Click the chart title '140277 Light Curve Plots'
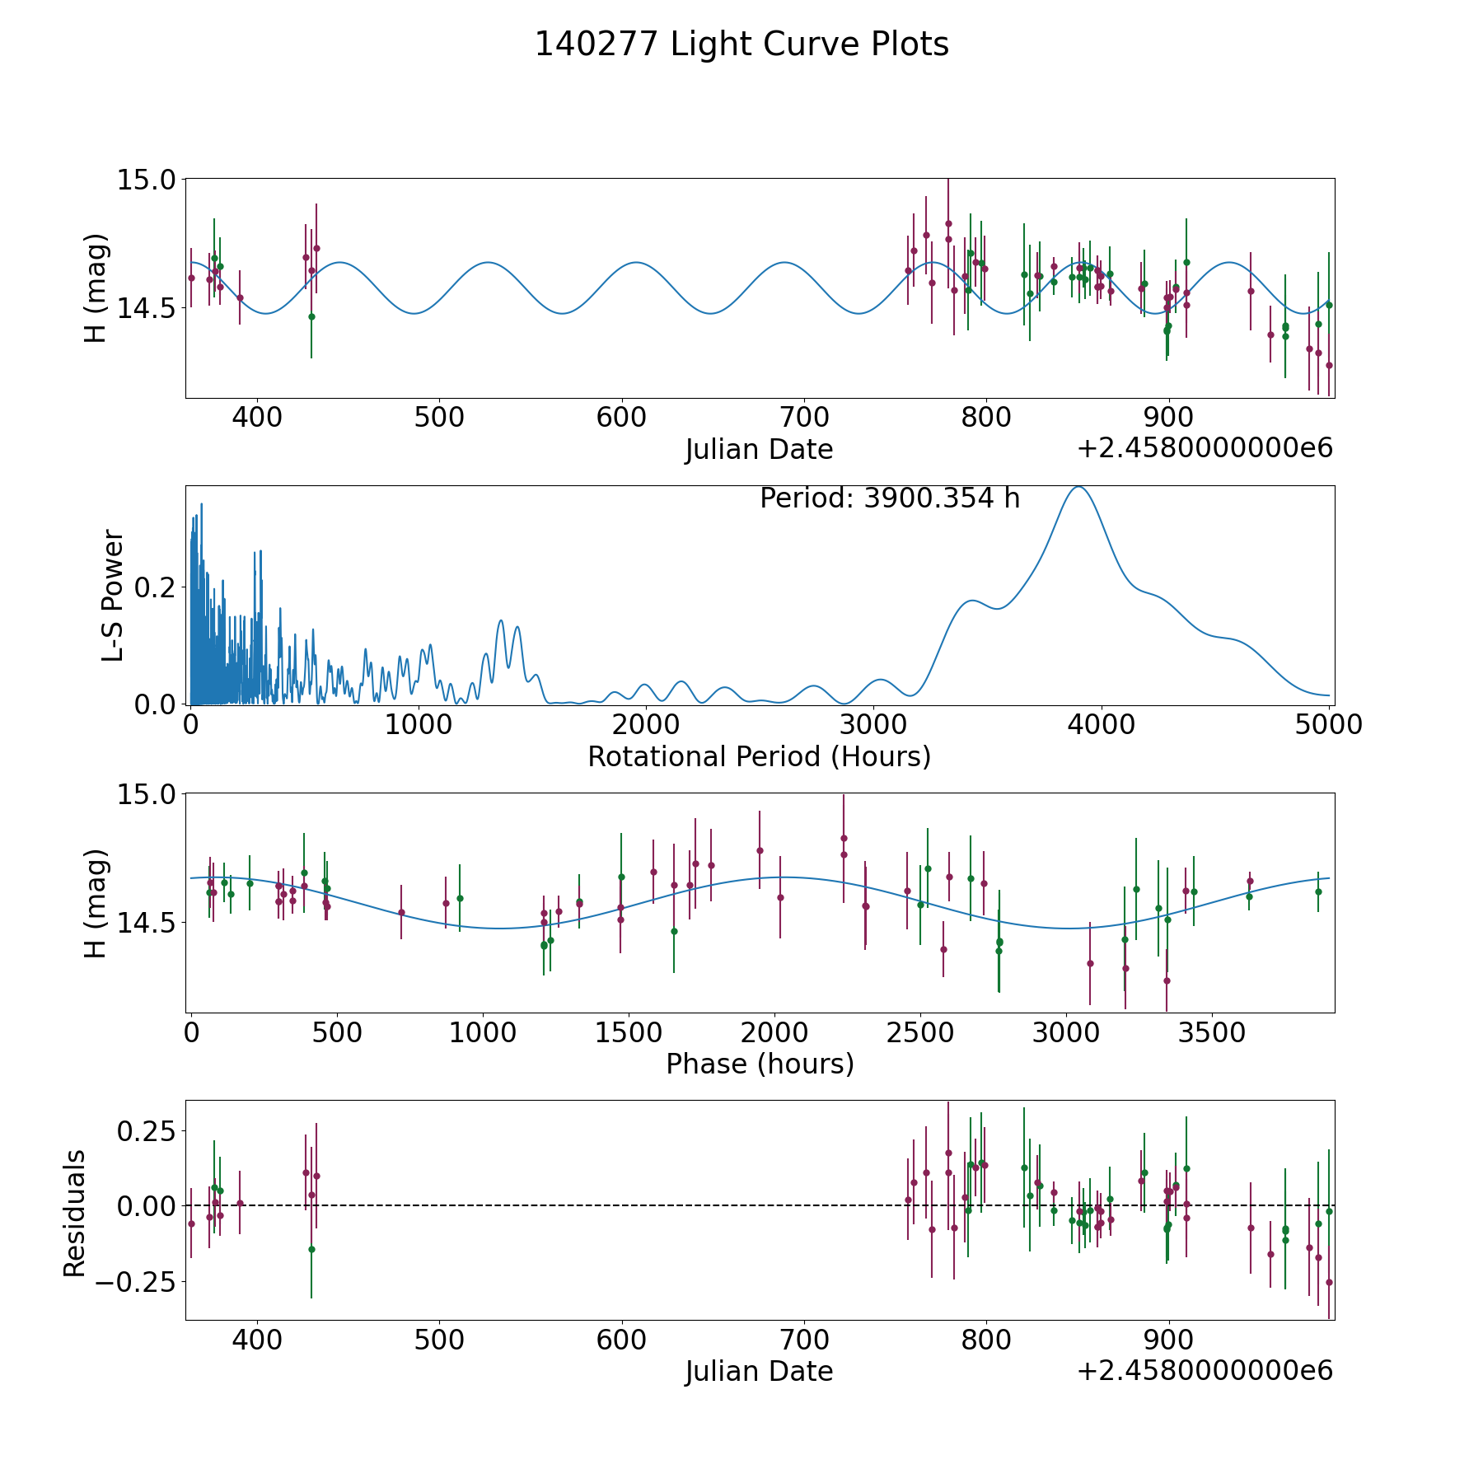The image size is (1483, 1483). [x=741, y=44]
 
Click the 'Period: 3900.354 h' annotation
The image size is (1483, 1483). [x=890, y=498]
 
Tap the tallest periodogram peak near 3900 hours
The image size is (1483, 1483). [x=1078, y=487]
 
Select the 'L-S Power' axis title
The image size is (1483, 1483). [x=113, y=595]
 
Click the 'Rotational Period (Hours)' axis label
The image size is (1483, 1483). [x=759, y=756]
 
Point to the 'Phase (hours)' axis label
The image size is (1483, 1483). [x=760, y=1064]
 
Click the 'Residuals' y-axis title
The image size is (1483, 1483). [x=75, y=1213]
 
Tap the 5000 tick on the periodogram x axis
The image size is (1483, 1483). [x=1328, y=725]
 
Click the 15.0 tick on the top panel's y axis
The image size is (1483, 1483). [x=147, y=180]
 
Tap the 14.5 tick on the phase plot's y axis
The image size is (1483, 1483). [x=147, y=923]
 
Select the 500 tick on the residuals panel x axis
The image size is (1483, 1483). [x=438, y=1340]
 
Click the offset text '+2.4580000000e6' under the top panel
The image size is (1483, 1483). [x=1205, y=448]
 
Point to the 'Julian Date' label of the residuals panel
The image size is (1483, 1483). [x=759, y=1372]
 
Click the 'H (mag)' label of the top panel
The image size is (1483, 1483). [x=96, y=288]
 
